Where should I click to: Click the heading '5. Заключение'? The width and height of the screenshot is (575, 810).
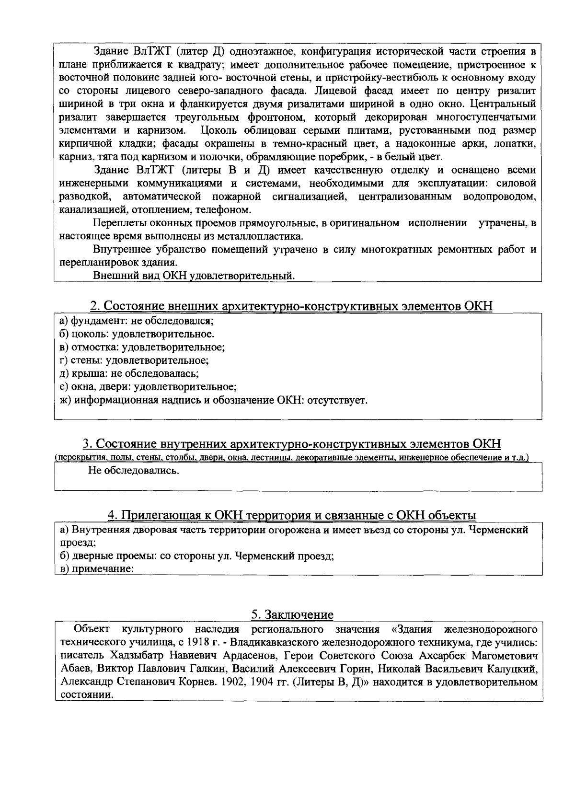(292, 614)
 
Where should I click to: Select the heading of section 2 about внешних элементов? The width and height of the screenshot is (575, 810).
(291, 306)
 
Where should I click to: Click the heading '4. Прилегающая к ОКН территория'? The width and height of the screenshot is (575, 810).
(292, 515)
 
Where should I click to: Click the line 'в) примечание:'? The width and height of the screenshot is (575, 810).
(96, 569)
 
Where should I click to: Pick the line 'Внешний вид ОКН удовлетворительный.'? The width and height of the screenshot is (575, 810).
(194, 276)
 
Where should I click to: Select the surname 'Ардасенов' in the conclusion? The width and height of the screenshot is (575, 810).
(252, 655)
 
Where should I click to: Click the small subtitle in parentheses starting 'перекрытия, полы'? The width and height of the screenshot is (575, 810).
(292, 458)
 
